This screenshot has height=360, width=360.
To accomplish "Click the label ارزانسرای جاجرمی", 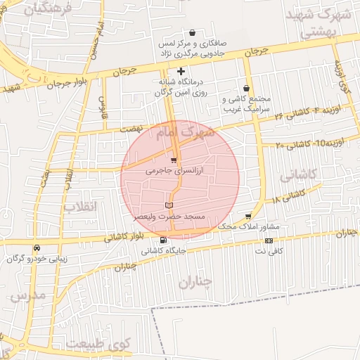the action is point(174,171).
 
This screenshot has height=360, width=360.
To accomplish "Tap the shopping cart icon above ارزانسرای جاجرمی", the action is point(174,161).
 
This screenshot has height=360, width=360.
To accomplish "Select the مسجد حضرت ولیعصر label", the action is point(169,217).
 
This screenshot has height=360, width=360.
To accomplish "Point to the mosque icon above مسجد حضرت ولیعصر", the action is point(168,205).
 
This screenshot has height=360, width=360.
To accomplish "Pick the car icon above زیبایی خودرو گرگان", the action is point(37,247).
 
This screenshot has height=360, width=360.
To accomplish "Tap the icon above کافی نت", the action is point(269,240).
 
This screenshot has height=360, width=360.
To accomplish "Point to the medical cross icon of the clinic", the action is point(181,71).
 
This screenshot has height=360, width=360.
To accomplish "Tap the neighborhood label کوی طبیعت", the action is point(99,345).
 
